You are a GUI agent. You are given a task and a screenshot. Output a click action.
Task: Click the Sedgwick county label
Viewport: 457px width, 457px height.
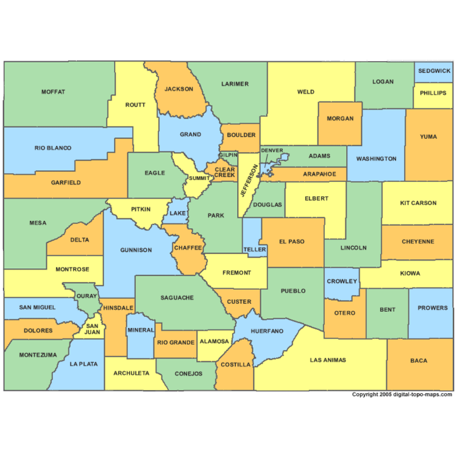click(434, 71)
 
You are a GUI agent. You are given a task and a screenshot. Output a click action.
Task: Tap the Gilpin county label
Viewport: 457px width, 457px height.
click(228, 155)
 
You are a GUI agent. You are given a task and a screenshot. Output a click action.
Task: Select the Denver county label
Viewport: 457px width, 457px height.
click(272, 150)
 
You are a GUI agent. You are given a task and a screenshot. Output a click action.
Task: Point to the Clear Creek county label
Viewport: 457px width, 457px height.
click(225, 172)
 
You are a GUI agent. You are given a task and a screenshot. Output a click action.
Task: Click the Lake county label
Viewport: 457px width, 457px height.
click(178, 213)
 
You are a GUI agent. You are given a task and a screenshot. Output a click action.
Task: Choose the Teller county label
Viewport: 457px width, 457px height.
click(255, 250)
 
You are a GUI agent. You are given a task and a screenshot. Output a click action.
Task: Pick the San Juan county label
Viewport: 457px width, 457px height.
click(92, 329)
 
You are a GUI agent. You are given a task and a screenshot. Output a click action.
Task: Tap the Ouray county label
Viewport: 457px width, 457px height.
click(87, 296)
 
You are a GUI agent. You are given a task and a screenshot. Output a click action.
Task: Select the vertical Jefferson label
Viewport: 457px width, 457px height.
click(249, 181)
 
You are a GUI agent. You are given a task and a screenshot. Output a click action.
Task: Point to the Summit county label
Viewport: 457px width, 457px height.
click(199, 178)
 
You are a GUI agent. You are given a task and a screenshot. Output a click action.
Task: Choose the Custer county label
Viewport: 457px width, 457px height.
click(239, 302)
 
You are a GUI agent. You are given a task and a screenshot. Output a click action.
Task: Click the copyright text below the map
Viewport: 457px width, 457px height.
click(402, 394)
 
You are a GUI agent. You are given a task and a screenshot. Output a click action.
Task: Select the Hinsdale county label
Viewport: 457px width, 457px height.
click(118, 308)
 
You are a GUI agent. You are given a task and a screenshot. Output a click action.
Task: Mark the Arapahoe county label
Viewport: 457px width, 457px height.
click(319, 174)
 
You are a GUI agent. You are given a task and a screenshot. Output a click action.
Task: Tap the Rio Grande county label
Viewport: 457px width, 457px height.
click(175, 342)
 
